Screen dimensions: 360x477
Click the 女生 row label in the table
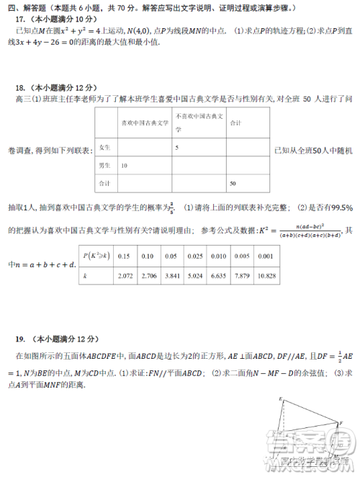pyautogui.click(x=104, y=147)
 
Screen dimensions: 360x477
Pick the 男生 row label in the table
pyautogui.click(x=104, y=166)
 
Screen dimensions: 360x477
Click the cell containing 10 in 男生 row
pyautogui.click(x=125, y=166)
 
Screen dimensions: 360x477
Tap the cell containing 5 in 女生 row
pyautogui.click(x=177, y=147)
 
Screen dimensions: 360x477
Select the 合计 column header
pyautogui.click(x=235, y=123)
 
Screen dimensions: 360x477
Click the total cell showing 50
pyautogui.click(x=233, y=184)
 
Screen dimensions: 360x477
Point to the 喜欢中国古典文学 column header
pyautogui.click(x=144, y=123)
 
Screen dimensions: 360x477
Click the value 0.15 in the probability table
pyautogui.click(x=123, y=257)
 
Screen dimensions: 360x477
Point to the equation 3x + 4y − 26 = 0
pyautogui.click(x=53, y=43)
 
